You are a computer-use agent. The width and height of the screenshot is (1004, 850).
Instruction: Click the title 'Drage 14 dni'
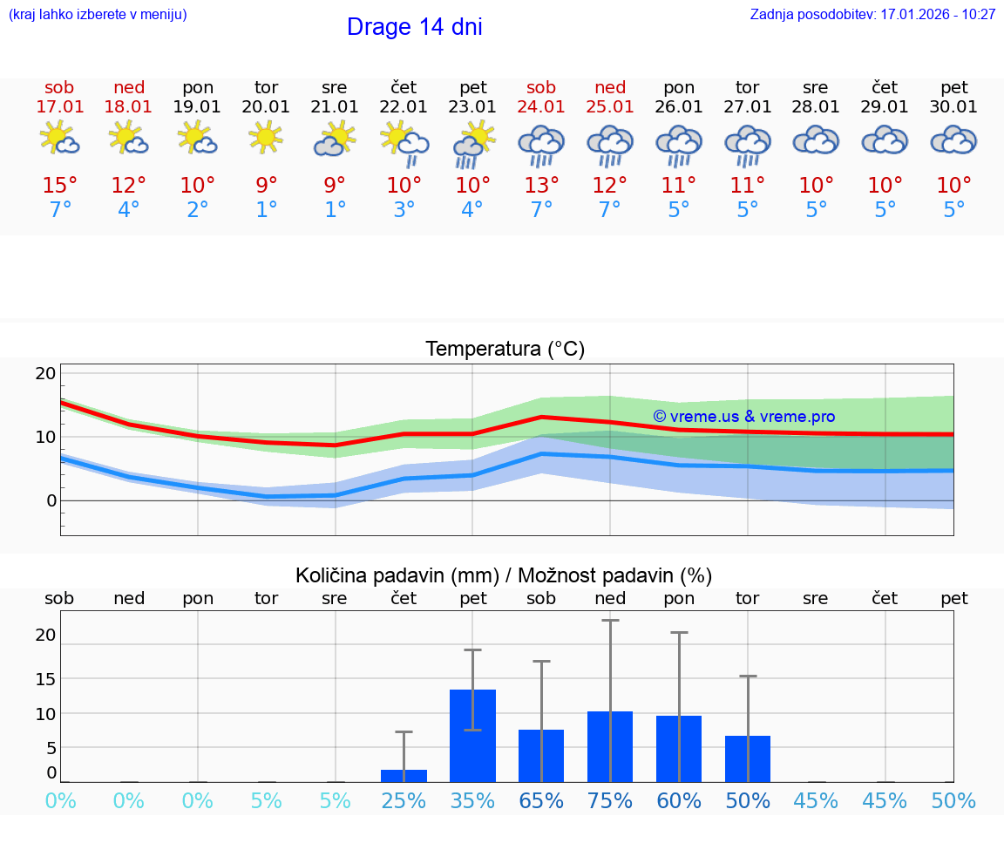coord(414,27)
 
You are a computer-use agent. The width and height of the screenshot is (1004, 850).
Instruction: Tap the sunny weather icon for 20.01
coord(266,137)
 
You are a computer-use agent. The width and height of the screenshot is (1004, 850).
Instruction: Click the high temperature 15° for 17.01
coord(60,186)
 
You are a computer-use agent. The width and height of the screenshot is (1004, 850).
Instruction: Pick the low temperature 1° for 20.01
coord(266,210)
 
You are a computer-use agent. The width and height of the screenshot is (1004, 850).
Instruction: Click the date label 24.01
coord(541,107)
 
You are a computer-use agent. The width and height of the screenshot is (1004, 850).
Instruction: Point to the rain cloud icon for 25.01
coord(610,145)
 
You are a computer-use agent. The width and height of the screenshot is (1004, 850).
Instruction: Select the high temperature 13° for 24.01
coord(541,186)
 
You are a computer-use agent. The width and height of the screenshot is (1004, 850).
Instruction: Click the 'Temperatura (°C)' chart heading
coord(505,350)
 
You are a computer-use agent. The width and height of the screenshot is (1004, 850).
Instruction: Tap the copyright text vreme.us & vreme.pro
coord(743,417)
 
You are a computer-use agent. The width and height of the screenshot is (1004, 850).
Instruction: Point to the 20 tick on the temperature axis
coord(45,374)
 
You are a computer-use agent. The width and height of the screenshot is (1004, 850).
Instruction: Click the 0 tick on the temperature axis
coord(51,501)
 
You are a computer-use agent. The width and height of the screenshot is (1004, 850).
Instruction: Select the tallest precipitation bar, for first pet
coord(472,736)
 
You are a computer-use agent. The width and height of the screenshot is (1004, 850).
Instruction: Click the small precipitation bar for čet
coord(404,776)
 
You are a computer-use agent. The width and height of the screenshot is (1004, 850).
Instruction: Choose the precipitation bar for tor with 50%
coord(748,758)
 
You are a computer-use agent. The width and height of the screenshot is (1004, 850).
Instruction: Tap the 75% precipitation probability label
coord(610,801)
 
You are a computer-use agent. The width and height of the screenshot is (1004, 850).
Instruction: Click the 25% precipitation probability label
coord(404,801)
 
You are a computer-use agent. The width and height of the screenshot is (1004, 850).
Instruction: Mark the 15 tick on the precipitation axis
coord(45,679)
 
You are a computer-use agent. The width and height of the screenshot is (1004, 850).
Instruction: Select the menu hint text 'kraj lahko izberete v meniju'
coord(98,15)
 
